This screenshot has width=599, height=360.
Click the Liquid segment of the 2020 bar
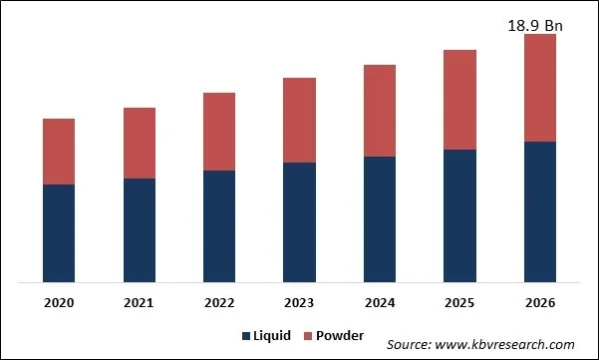click(59, 233)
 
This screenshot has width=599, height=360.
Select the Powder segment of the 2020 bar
click(59, 152)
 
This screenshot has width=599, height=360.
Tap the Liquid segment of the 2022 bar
click(219, 226)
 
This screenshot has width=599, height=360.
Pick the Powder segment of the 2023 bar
click(299, 120)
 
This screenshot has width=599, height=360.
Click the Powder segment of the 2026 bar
click(539, 88)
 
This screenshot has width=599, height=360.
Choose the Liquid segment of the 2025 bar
click(459, 215)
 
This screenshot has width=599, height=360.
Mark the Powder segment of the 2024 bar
click(379, 111)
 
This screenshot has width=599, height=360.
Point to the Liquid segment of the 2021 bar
click(139, 230)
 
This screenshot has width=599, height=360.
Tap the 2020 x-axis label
click(59, 302)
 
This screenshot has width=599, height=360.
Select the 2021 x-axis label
click(139, 302)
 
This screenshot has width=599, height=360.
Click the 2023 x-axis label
click(299, 302)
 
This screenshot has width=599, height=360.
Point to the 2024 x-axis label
click(379, 302)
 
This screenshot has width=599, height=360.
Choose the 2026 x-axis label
click(539, 302)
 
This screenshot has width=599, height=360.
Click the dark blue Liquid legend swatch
click(246, 336)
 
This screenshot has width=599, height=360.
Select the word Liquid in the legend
click(272, 336)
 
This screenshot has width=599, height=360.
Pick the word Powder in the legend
click(339, 336)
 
